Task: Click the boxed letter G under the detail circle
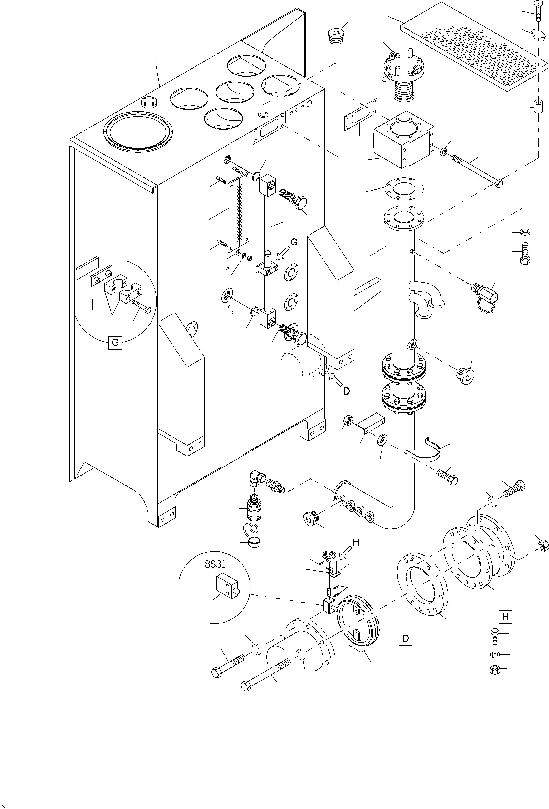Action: coord(115,343)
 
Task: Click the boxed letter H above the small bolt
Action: coord(505,617)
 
